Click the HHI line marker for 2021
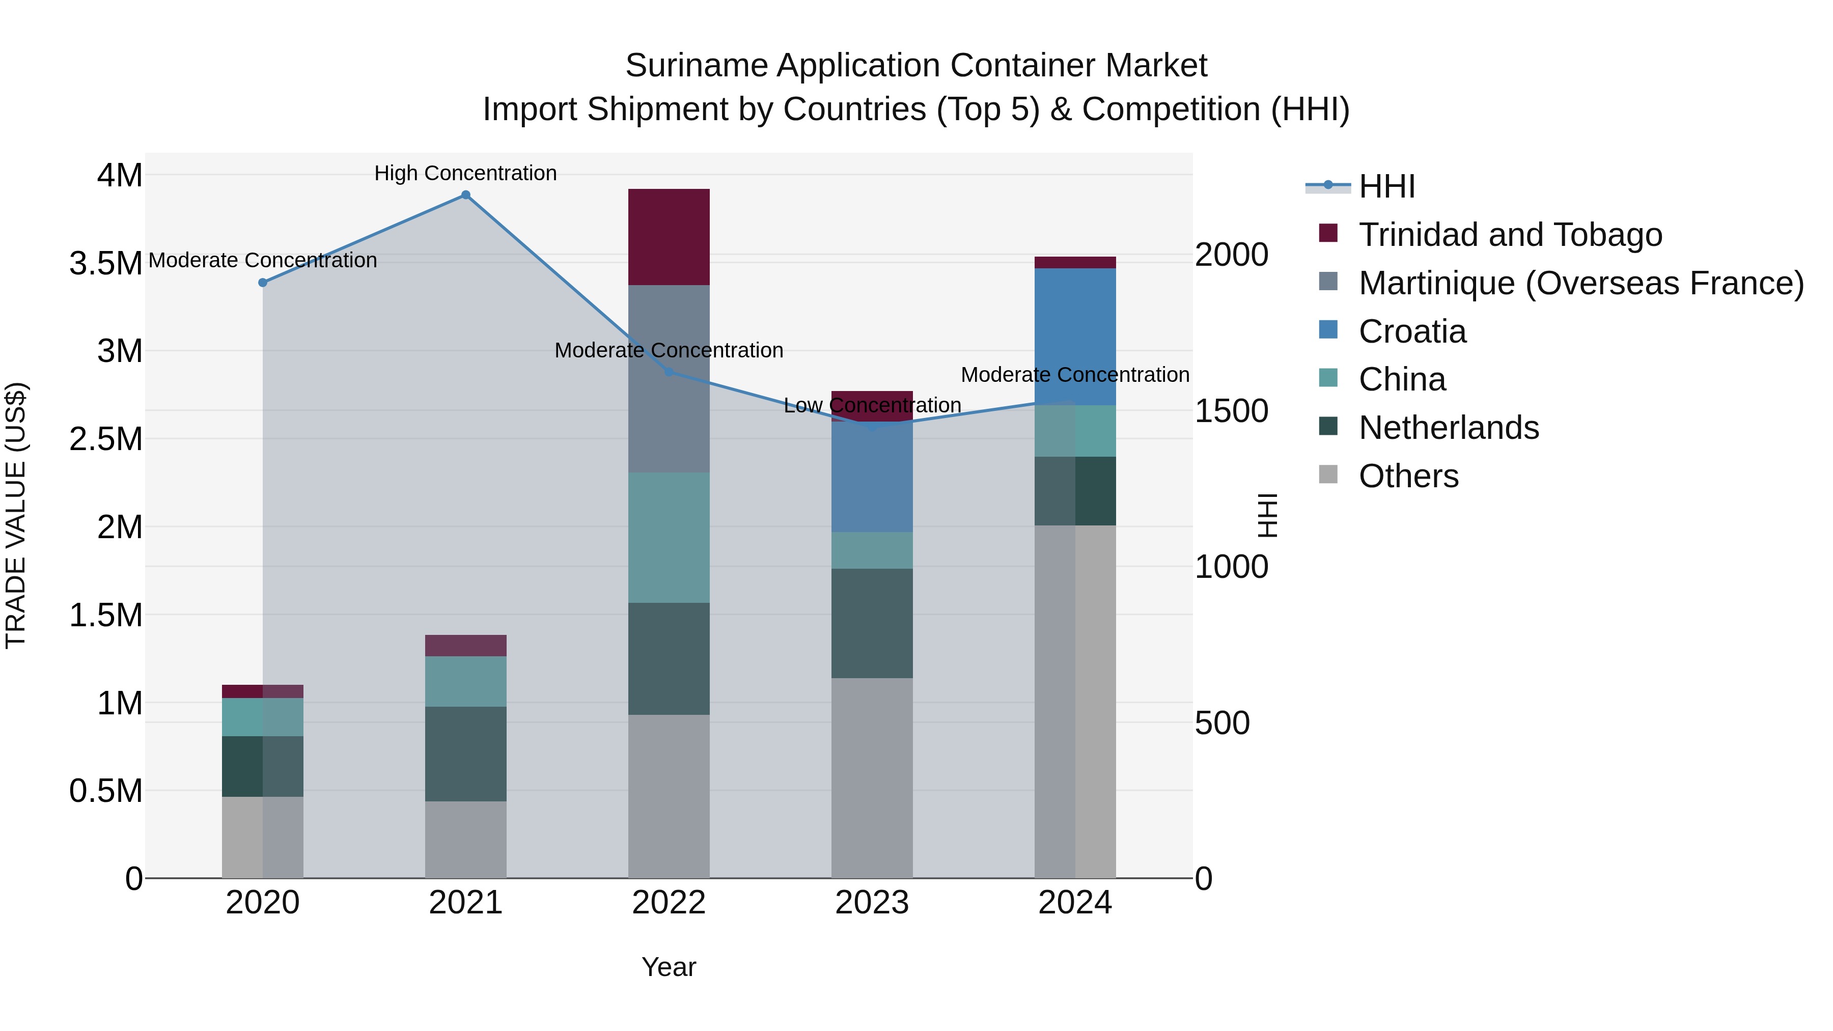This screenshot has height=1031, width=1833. pos(465,195)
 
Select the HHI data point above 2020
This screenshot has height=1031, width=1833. pos(263,283)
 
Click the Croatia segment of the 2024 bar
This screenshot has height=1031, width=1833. pos(1074,337)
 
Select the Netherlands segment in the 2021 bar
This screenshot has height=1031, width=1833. pos(465,754)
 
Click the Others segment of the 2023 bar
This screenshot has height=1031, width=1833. pos(872,777)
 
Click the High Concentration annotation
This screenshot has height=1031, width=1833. pos(465,174)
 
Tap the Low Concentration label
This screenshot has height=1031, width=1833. pos(872,406)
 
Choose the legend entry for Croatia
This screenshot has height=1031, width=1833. pos(1412,331)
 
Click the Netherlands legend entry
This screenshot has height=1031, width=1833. pos(1448,428)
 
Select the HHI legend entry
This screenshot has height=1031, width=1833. pos(1386,186)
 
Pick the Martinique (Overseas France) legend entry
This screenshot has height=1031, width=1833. pos(1580,283)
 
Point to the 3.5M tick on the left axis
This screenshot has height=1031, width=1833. pos(105,263)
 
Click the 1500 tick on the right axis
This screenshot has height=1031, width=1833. pos(1231,411)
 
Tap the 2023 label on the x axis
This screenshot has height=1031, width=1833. pos(872,903)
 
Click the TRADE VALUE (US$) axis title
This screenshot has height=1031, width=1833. pos(16,515)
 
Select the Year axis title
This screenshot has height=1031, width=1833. pos(668,967)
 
